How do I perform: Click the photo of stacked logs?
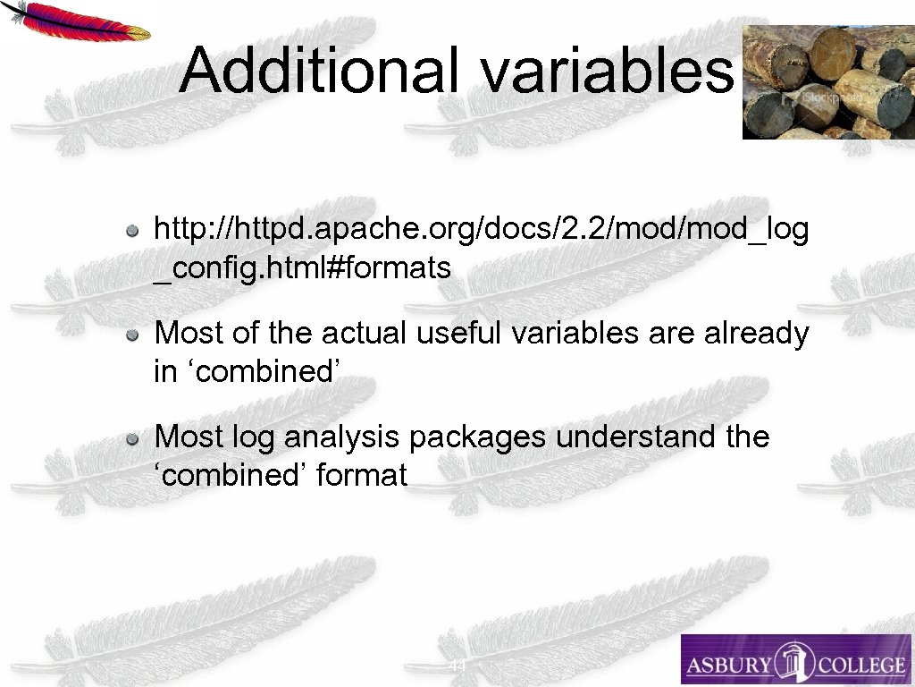click(x=827, y=82)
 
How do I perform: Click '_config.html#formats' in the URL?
click(x=303, y=267)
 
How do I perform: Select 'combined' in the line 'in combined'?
click(x=264, y=371)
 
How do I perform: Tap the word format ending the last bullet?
click(x=362, y=475)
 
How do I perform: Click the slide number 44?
click(x=457, y=666)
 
